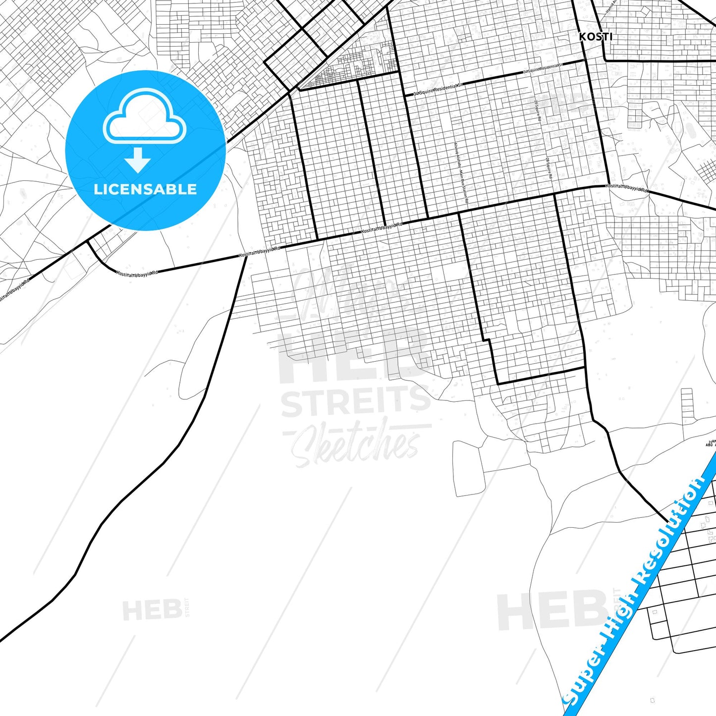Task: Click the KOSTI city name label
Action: [596, 37]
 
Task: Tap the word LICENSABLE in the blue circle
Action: [145, 189]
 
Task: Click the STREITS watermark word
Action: [356, 402]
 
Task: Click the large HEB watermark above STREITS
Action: [354, 354]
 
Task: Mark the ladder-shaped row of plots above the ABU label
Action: [687, 404]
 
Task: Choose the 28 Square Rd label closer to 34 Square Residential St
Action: [538, 110]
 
